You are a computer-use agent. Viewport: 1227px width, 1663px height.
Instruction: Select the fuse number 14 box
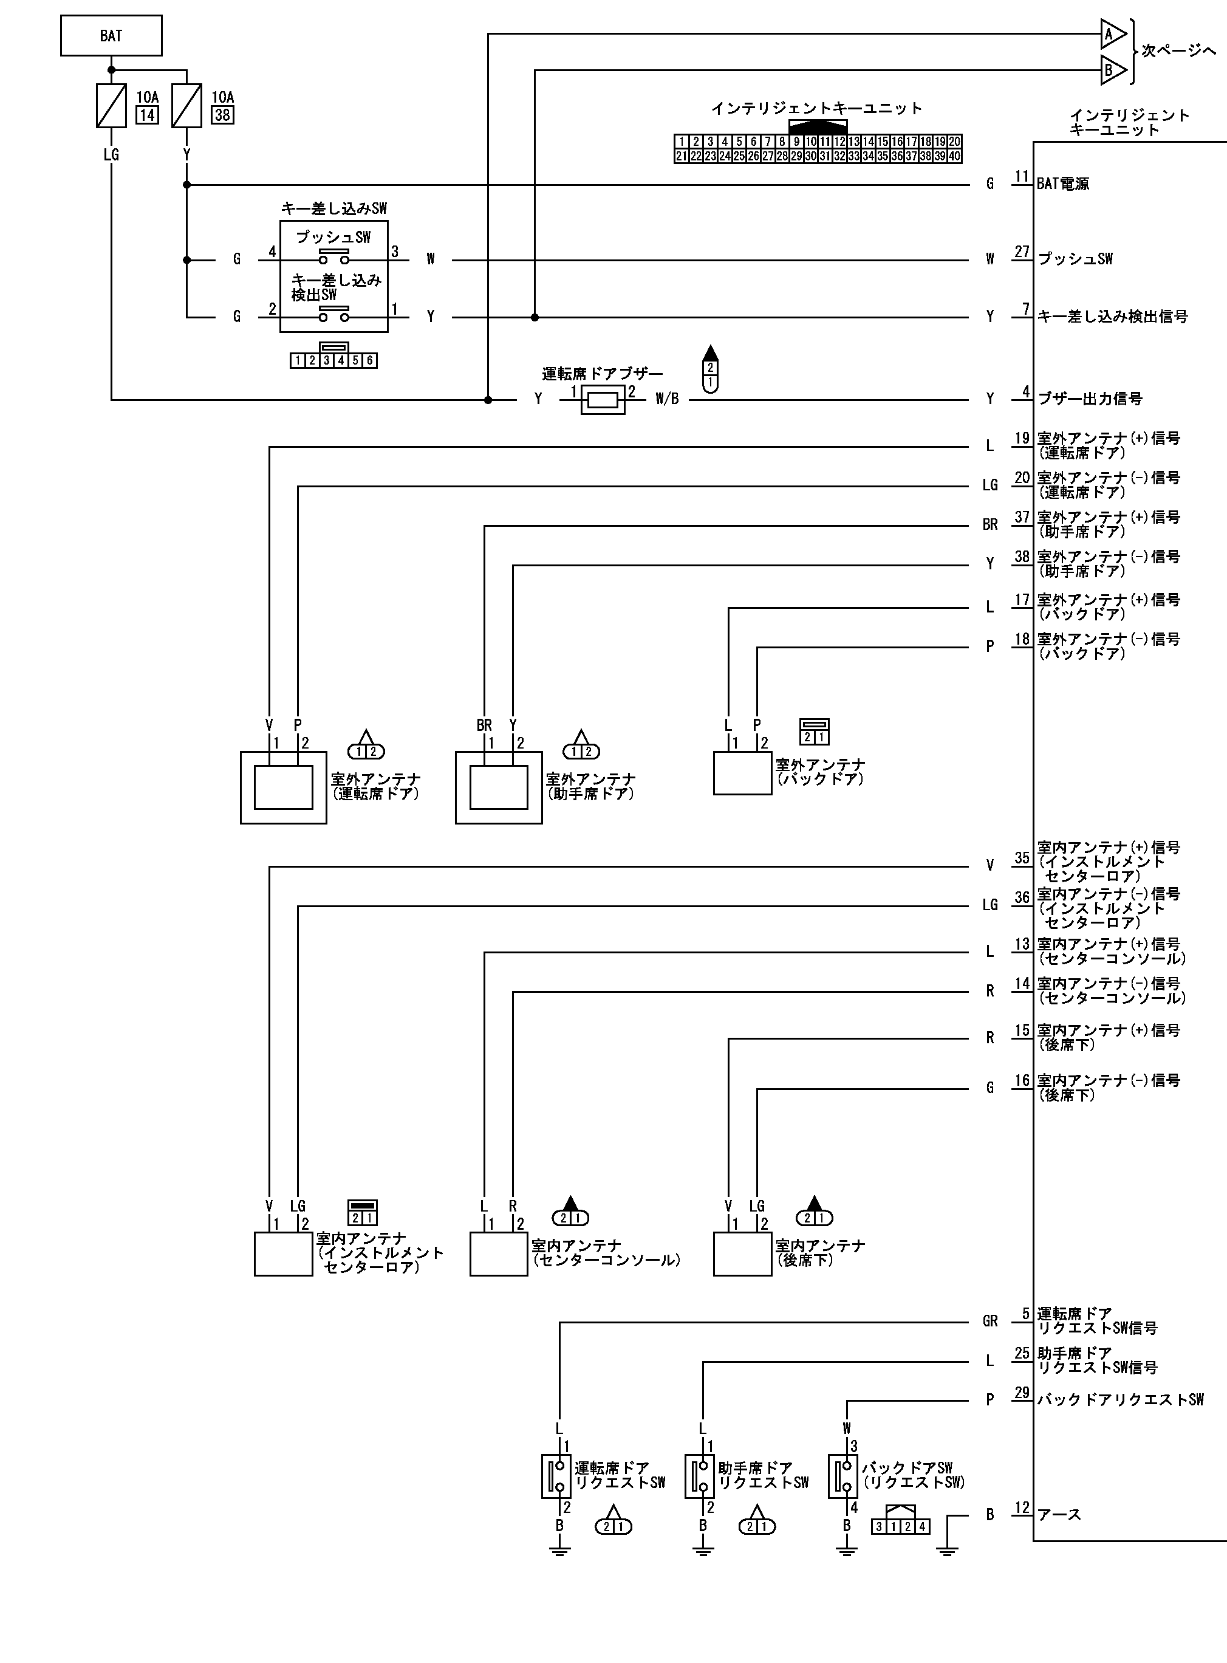pyautogui.click(x=147, y=115)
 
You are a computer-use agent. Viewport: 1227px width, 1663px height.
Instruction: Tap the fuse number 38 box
pyautogui.click(x=222, y=115)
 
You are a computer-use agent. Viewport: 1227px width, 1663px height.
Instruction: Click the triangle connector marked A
pyautogui.click(x=1112, y=33)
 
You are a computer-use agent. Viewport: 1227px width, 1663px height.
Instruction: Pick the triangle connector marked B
pyautogui.click(x=1112, y=70)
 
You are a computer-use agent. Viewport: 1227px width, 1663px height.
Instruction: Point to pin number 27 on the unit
pyautogui.click(x=1022, y=252)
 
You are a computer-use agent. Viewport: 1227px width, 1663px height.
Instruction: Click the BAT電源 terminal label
pyautogui.click(x=1063, y=184)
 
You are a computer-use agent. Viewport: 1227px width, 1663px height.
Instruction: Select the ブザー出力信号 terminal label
pyautogui.click(x=1090, y=399)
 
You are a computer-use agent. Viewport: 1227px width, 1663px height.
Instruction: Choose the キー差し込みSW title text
pyautogui.click(x=334, y=209)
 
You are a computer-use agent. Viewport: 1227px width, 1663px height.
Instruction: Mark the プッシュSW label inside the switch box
pyautogui.click(x=333, y=238)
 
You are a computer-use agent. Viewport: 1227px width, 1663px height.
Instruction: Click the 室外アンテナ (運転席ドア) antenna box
pyautogui.click(x=283, y=787)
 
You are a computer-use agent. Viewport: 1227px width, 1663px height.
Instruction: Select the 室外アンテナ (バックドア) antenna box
pyautogui.click(x=742, y=773)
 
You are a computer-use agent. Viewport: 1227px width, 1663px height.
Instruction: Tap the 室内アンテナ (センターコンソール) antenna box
pyautogui.click(x=498, y=1255)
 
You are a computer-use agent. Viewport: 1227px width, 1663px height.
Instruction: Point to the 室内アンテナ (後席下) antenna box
pyautogui.click(x=742, y=1255)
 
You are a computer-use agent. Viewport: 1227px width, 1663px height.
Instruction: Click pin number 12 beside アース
pyautogui.click(x=1022, y=1508)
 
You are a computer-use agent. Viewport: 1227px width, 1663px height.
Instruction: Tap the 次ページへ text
pyautogui.click(x=1179, y=51)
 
